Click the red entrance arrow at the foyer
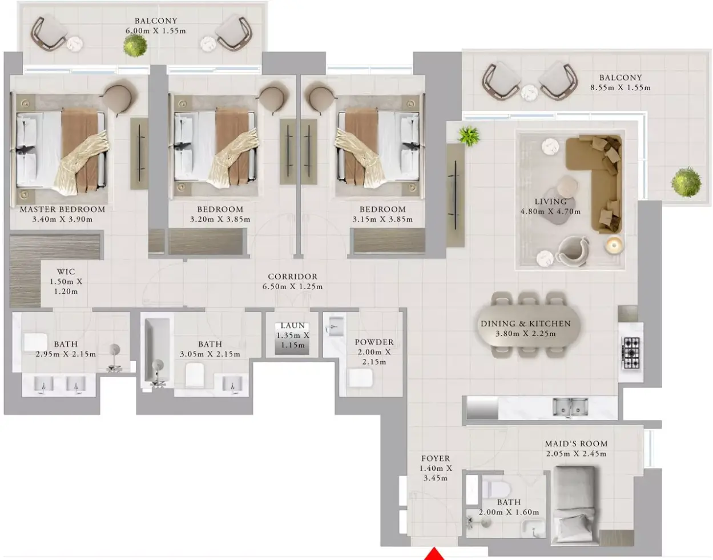[x=434, y=554]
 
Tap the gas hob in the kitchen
[x=630, y=353]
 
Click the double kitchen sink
[x=570, y=407]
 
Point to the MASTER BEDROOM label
[x=62, y=209]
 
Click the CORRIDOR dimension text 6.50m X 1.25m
[x=292, y=286]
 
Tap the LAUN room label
[x=293, y=326]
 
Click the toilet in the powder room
[x=360, y=378]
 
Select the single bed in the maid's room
[x=574, y=504]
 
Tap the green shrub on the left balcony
[x=135, y=45]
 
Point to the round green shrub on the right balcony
[x=686, y=182]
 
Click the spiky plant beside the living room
[x=469, y=135]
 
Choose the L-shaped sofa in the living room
[x=595, y=184]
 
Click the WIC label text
[x=66, y=271]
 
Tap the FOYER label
[x=436, y=458]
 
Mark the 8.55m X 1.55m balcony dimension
[x=621, y=87]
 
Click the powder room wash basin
[x=335, y=326]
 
